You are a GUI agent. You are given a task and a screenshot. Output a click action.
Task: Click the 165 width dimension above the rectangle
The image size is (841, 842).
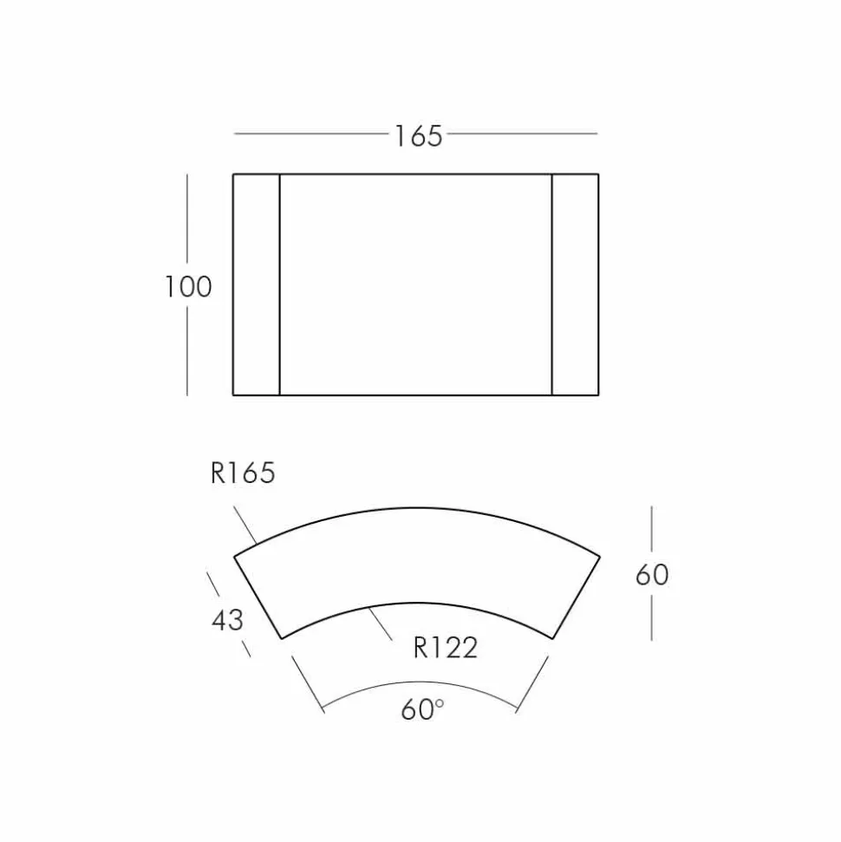419,136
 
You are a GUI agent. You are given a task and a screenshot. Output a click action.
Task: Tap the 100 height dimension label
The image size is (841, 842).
188,286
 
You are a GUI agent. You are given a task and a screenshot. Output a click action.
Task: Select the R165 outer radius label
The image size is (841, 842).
243,473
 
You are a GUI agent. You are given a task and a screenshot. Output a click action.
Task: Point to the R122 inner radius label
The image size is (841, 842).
445,648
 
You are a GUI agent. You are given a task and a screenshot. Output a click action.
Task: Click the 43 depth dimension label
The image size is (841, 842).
228,620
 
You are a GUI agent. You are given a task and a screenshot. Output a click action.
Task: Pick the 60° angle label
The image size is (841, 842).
422,709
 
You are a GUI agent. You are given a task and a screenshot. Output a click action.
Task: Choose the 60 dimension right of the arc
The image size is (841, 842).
652,575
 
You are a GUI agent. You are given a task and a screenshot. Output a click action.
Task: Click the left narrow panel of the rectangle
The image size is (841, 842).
257,284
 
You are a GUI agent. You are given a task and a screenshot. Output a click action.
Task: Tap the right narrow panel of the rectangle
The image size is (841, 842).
575,284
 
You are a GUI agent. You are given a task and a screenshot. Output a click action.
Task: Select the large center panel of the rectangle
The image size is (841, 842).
415,284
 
